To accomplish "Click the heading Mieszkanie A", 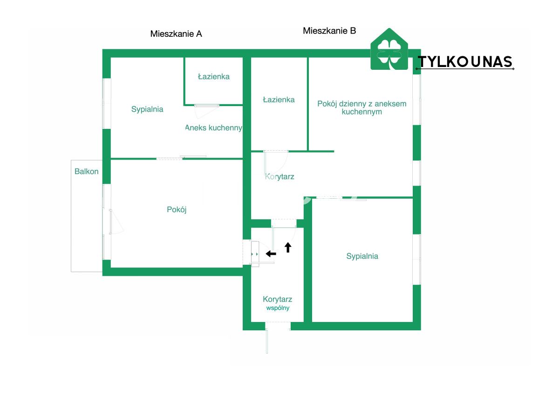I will click(176, 34).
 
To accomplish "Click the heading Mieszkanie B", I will click(329, 31).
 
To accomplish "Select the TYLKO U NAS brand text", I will click(465, 62).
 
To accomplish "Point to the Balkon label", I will click(87, 172).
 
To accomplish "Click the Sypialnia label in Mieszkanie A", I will click(147, 109).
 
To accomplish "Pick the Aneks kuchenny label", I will click(213, 128).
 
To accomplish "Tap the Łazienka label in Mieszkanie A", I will click(214, 77).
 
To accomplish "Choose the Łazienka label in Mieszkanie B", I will click(279, 100).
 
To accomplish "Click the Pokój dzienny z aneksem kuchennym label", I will click(362, 107).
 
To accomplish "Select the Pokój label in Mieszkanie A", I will click(177, 210).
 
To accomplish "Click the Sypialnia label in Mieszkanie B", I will click(362, 256).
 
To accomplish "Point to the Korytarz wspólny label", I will click(277, 303).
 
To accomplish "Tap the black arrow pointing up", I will click(288, 247).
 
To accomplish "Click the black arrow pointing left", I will click(271, 254).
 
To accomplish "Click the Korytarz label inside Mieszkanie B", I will click(279, 177).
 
